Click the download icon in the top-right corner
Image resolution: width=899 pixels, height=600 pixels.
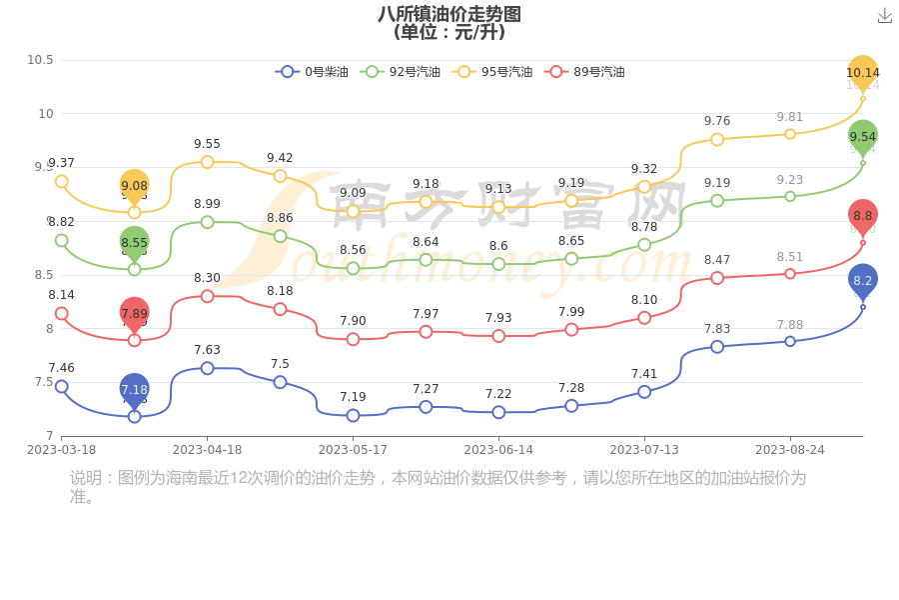(885, 15)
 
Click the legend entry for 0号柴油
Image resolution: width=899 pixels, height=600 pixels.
(313, 72)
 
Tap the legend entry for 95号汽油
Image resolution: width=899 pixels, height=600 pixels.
(493, 72)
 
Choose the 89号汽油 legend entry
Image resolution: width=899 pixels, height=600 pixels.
(585, 72)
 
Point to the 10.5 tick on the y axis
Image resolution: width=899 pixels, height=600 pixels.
(40, 60)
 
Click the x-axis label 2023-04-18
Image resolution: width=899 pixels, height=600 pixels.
(207, 450)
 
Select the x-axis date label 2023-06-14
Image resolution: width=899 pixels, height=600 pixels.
(498, 450)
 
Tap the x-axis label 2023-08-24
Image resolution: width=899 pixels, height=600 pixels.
(790, 450)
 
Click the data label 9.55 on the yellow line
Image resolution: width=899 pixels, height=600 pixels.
(207, 144)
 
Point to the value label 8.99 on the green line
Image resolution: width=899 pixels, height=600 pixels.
(207, 204)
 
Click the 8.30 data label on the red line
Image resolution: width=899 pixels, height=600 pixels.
(207, 278)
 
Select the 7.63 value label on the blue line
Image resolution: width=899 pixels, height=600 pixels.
(207, 350)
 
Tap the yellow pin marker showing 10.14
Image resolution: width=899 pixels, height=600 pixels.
(863, 72)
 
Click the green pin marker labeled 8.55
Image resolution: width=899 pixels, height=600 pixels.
(135, 242)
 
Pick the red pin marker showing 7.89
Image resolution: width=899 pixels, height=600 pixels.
(135, 313)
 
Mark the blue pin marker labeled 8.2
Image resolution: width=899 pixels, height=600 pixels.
(863, 281)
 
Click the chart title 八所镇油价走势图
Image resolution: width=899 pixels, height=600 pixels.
(449, 14)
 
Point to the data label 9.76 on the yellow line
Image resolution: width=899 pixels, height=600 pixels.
(717, 121)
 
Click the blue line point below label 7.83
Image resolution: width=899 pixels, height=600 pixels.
(717, 347)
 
